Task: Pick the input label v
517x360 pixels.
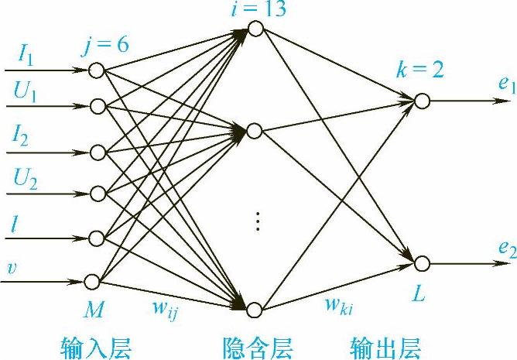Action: coord(12,269)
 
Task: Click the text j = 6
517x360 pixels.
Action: coord(107,44)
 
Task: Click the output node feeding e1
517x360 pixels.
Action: coord(421,101)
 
